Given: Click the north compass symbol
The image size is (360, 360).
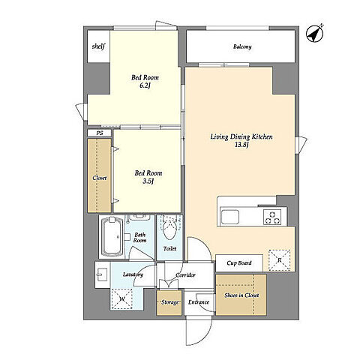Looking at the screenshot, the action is point(315,34).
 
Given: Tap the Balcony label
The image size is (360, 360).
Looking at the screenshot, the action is point(242,46).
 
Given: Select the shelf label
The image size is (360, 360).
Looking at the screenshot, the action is point(98,46).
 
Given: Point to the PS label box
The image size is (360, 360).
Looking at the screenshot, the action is point(100,133).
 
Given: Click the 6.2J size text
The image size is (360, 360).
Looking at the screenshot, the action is point(145,86).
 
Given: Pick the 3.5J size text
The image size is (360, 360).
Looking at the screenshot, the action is point(148,181).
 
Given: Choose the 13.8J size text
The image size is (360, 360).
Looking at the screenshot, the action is point(241,145).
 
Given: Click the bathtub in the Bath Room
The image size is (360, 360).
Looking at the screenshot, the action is point(112,237).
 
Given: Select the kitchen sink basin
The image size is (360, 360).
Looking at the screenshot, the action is point(230,217).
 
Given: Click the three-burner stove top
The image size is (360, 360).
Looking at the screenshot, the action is point(272,217).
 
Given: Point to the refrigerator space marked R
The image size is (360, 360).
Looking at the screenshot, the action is point(280,260).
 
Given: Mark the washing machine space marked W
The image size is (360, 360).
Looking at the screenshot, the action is point(121,298).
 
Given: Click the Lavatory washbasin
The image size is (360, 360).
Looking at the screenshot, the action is point(102,274).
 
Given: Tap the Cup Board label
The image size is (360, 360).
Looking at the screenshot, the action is point(239,263).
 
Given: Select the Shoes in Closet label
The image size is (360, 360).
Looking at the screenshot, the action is point(241,295).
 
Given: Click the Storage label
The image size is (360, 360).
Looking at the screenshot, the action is point(170,302).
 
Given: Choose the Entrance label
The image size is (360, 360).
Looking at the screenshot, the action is point(199,302).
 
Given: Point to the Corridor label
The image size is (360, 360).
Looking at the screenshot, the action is point(185,275).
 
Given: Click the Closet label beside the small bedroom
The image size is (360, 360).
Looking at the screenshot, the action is point(100,178).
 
